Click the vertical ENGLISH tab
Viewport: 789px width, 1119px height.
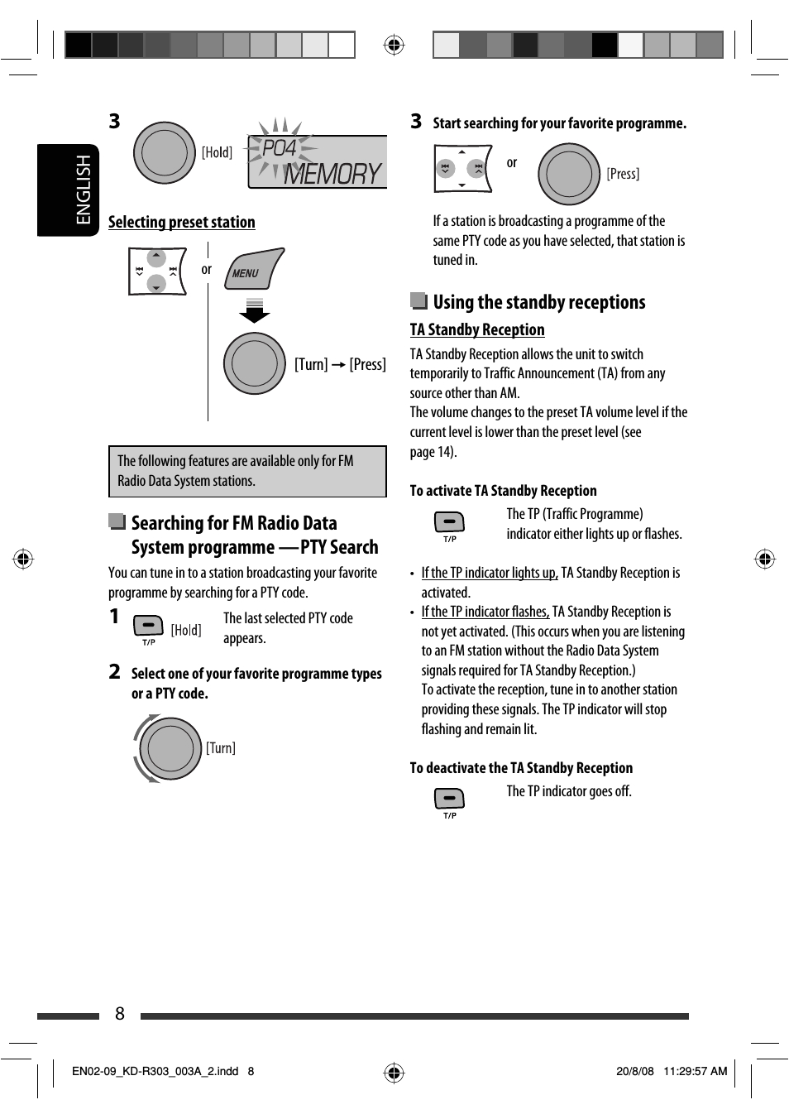click(x=68, y=190)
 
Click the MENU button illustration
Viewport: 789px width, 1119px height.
click(x=253, y=270)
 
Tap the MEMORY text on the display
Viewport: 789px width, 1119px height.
click(x=332, y=174)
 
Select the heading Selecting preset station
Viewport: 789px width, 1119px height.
click(x=181, y=222)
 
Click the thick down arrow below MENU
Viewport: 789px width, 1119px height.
click(x=255, y=311)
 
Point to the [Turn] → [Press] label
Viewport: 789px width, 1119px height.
click(x=340, y=364)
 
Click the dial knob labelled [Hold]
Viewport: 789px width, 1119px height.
click(x=165, y=153)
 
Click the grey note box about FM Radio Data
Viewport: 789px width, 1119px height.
click(x=247, y=471)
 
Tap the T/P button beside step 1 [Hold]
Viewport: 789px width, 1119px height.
click(x=148, y=626)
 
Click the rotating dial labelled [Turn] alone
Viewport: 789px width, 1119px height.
click(x=170, y=748)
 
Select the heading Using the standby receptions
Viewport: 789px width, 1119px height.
click(x=538, y=302)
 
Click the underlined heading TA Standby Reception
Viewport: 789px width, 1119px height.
click(x=477, y=329)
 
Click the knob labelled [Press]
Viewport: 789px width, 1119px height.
click(x=569, y=174)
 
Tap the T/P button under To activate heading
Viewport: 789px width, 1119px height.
click(x=449, y=522)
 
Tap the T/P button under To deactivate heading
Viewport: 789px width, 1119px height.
click(x=449, y=799)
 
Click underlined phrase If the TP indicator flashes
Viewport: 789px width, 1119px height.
click(x=485, y=612)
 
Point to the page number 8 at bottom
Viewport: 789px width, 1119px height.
click(x=120, y=1014)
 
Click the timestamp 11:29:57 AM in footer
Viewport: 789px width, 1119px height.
click(x=695, y=1071)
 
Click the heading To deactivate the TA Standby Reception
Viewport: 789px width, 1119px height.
click(x=521, y=768)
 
